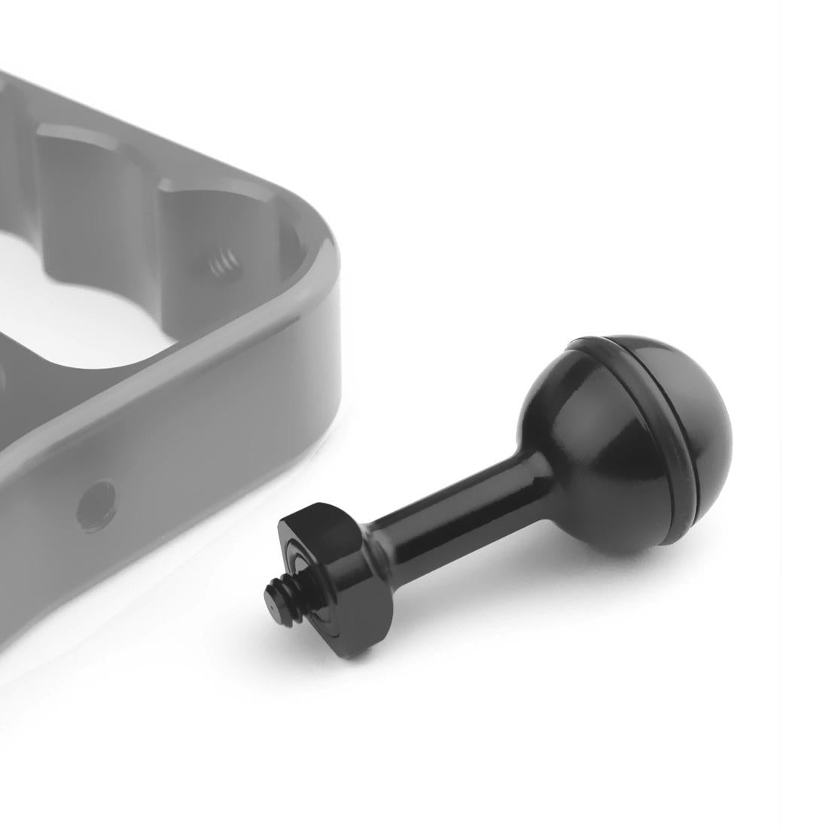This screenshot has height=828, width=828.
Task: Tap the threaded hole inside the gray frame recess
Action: tap(219, 263)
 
